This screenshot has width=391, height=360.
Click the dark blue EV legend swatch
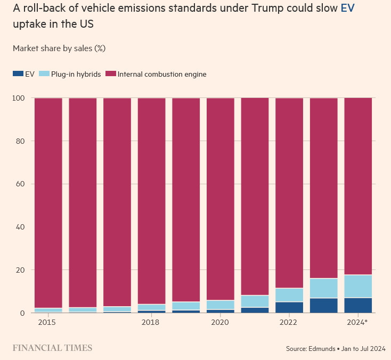(x=18, y=74)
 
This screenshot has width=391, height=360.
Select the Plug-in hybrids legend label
(x=76, y=74)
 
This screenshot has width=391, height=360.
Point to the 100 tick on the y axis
(x=19, y=98)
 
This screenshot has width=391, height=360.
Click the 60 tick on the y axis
(x=20, y=184)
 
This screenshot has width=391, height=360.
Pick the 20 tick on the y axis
(x=20, y=270)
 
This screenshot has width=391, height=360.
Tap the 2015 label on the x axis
(x=46, y=323)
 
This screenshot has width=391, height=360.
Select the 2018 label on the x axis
(x=151, y=323)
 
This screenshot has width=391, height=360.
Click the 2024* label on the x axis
(x=357, y=323)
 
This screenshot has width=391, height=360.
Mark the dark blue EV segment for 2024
(x=358, y=305)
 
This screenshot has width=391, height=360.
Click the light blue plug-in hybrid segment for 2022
(x=289, y=295)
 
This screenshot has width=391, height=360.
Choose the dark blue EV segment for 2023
(x=323, y=305)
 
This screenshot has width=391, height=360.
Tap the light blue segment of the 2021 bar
(x=255, y=301)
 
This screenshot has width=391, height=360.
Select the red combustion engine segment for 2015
(x=48, y=202)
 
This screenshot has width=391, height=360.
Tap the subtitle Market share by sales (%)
(x=59, y=48)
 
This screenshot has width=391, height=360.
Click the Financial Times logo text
(x=52, y=348)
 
